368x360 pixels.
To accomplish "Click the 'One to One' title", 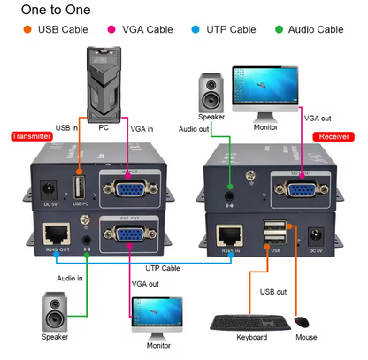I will [55, 11].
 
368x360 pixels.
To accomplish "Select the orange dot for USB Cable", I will [27, 29].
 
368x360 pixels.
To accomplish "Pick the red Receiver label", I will [333, 136].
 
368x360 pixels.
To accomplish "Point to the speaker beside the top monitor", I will [211, 93].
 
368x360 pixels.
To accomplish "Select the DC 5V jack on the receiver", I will [315, 236].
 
